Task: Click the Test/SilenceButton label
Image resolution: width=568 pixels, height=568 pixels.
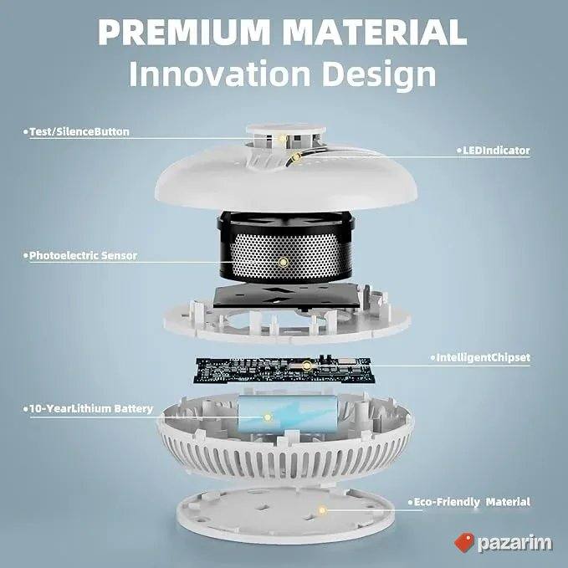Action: click(x=79, y=132)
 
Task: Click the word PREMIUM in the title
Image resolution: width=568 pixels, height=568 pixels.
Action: click(x=184, y=32)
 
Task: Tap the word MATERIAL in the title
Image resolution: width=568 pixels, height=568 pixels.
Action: click(x=374, y=32)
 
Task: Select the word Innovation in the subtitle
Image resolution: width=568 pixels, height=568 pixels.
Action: click(x=219, y=74)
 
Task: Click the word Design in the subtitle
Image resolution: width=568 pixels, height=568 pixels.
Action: click(x=379, y=75)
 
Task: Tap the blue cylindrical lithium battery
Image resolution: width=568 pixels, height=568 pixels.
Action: click(x=288, y=414)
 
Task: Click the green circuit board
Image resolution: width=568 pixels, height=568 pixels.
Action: click(x=284, y=371)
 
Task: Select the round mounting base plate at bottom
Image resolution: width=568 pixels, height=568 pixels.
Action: click(x=285, y=514)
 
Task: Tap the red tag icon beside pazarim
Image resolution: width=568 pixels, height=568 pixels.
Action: click(x=464, y=542)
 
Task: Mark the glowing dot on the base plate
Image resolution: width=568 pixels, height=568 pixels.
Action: click(x=322, y=511)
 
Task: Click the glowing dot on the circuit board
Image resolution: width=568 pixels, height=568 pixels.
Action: click(x=307, y=366)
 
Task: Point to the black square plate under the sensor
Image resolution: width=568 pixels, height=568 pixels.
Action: click(x=287, y=296)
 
